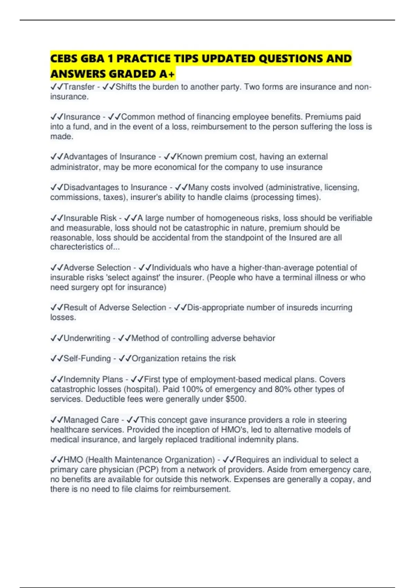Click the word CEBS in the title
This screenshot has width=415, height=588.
point(64,59)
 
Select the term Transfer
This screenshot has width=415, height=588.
point(79,87)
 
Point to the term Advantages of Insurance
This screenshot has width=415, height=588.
point(110,157)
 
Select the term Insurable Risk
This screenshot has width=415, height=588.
point(90,218)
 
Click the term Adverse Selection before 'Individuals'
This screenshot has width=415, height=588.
point(97,268)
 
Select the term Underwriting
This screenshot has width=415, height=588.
point(87,338)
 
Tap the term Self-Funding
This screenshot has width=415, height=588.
point(87,359)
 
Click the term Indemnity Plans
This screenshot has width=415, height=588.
point(93,379)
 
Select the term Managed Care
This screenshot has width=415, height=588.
point(91,420)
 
